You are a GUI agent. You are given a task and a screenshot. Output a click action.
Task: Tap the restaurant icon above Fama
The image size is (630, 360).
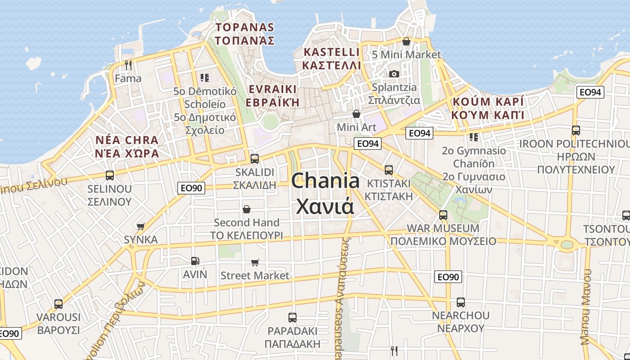(x=128, y=65)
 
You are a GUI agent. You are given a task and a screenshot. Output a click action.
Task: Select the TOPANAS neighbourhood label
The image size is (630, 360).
(x=244, y=27)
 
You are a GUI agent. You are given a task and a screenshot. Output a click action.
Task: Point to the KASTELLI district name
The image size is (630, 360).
(x=332, y=52)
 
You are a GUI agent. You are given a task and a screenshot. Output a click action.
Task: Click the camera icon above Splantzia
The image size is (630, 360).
(x=394, y=74)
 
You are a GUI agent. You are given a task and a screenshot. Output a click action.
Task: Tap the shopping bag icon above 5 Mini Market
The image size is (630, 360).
(x=406, y=41)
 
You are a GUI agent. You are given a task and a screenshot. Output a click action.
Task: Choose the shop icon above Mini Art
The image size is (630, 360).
(x=356, y=114)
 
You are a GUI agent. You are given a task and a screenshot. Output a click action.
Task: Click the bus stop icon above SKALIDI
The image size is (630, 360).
(x=254, y=158)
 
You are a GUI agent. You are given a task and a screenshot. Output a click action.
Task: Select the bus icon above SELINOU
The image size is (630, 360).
(x=110, y=175)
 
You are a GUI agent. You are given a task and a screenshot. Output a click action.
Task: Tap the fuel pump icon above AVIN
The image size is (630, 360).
(x=195, y=261)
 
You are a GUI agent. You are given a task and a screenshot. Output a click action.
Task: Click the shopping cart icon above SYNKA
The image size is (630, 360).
(x=141, y=226)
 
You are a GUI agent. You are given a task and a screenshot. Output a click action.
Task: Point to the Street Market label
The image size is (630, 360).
(x=255, y=275)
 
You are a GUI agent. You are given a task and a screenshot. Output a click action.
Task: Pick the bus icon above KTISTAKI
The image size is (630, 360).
(x=389, y=170)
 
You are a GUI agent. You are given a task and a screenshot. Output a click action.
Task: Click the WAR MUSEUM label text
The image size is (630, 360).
(x=443, y=228)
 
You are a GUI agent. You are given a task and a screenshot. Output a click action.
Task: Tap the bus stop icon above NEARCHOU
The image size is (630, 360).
(x=460, y=302)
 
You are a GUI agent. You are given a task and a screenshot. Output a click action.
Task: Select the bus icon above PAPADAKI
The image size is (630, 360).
(x=292, y=318)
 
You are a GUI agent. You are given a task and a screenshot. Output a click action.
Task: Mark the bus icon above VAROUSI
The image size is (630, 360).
(x=58, y=304)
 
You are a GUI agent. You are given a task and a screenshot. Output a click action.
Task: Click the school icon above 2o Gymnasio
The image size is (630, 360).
(x=473, y=137)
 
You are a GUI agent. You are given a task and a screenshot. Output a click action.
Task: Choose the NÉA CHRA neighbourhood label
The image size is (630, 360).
(x=127, y=139)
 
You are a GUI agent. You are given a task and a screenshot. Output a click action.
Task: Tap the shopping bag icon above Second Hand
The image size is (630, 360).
(x=247, y=209)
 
